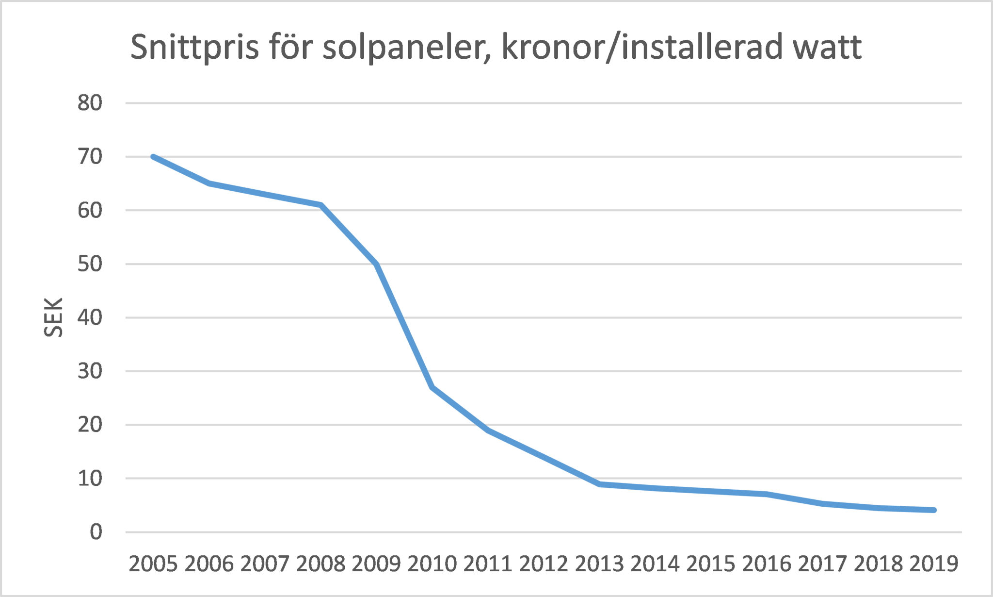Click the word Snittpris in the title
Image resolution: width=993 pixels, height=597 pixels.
pyautogui.click(x=194, y=48)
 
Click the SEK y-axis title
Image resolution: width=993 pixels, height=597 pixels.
pyautogui.click(x=53, y=317)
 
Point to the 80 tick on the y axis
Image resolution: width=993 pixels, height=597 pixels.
pyautogui.click(x=90, y=103)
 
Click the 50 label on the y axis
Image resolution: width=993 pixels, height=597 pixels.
pyautogui.click(x=90, y=264)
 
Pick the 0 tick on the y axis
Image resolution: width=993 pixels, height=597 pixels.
pyautogui.click(x=96, y=532)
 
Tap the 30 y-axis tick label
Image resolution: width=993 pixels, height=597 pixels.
pyautogui.click(x=90, y=371)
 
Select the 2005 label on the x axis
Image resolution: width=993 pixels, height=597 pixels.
pyautogui.click(x=153, y=564)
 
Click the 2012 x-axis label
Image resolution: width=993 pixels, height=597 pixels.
pyautogui.click(x=544, y=564)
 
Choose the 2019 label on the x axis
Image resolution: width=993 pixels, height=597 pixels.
pyautogui.click(x=934, y=564)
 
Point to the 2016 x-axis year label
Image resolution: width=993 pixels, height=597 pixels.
pyautogui.click(x=767, y=564)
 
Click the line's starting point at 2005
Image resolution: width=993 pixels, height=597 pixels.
pyautogui.click(x=153, y=157)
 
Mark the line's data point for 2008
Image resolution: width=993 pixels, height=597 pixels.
pyautogui.click(x=320, y=205)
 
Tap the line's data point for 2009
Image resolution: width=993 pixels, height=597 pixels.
pyautogui.click(x=377, y=264)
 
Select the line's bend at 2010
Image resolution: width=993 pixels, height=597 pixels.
pyautogui.click(x=432, y=387)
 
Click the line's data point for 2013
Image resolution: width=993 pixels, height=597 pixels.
pyautogui.click(x=600, y=484)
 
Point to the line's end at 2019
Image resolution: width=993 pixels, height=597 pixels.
pyautogui.click(x=934, y=510)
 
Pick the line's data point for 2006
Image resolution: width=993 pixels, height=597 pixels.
pyautogui.click(x=209, y=183)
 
